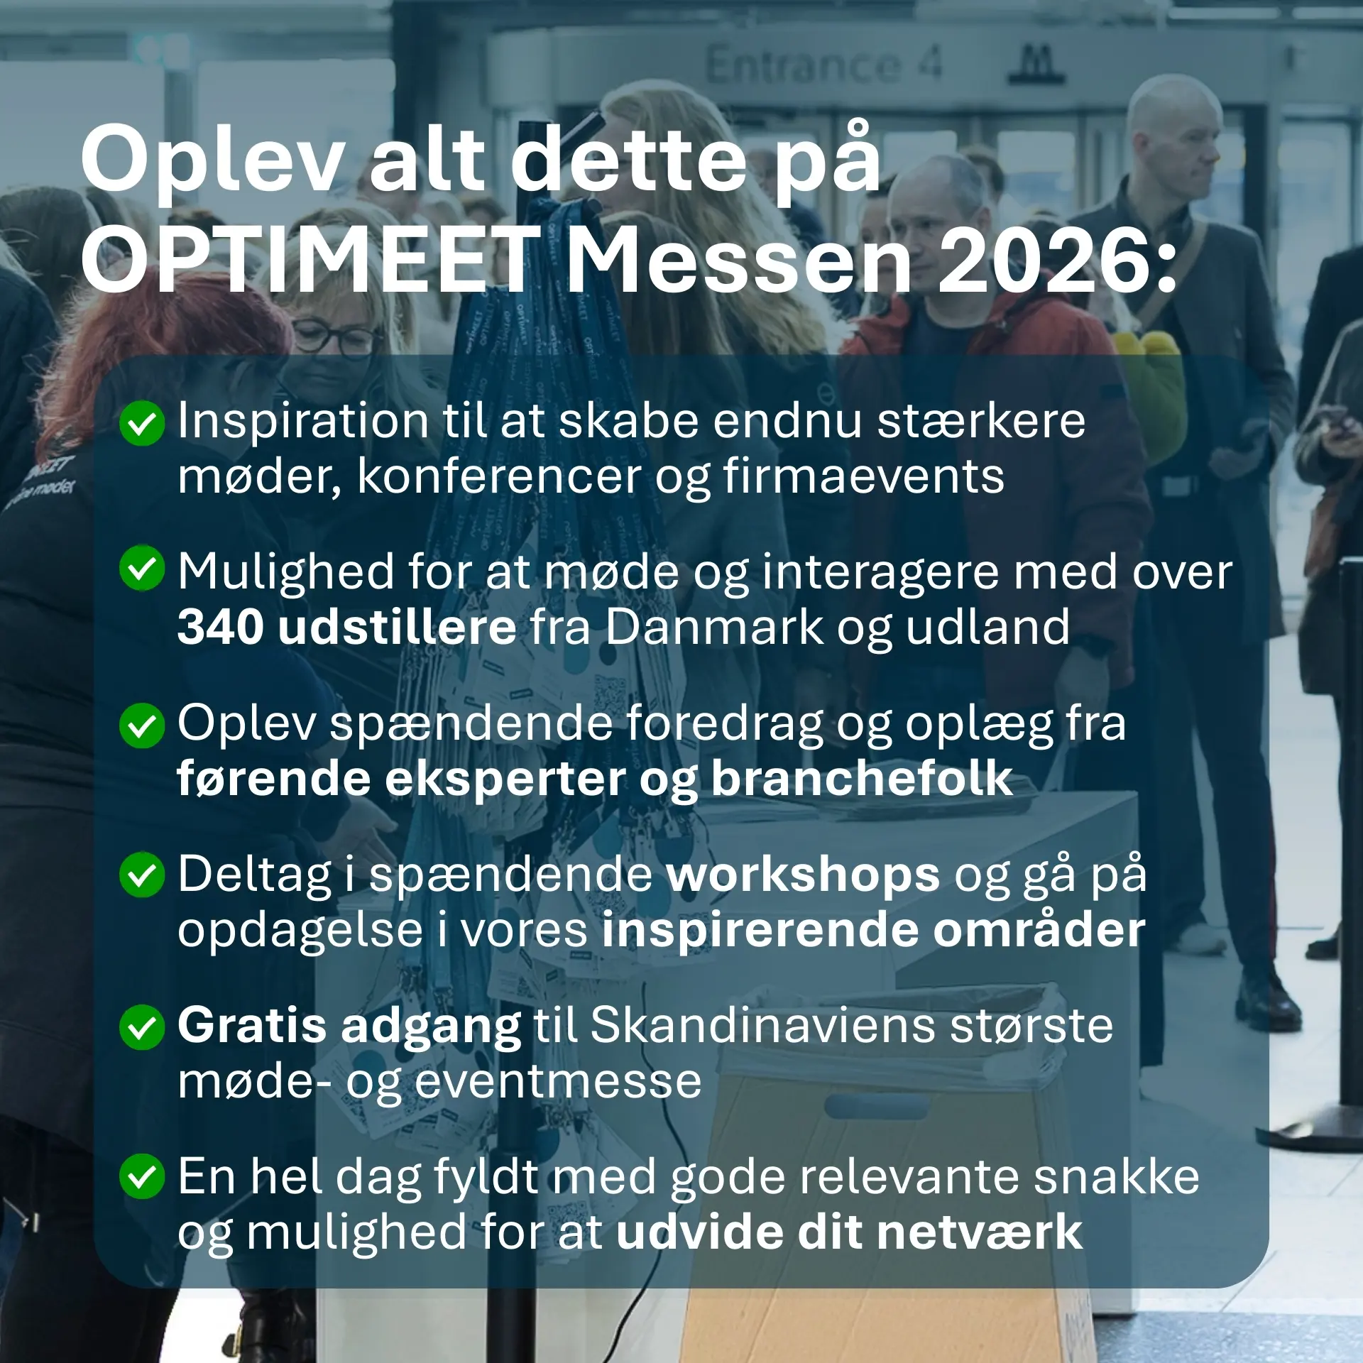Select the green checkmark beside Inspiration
142,424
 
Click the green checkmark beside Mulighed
142,568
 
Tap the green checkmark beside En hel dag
142,1177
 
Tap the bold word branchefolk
861,779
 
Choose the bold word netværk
979,1232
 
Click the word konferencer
499,476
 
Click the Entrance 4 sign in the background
823,65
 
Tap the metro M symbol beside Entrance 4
1037,64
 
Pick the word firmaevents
864,476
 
